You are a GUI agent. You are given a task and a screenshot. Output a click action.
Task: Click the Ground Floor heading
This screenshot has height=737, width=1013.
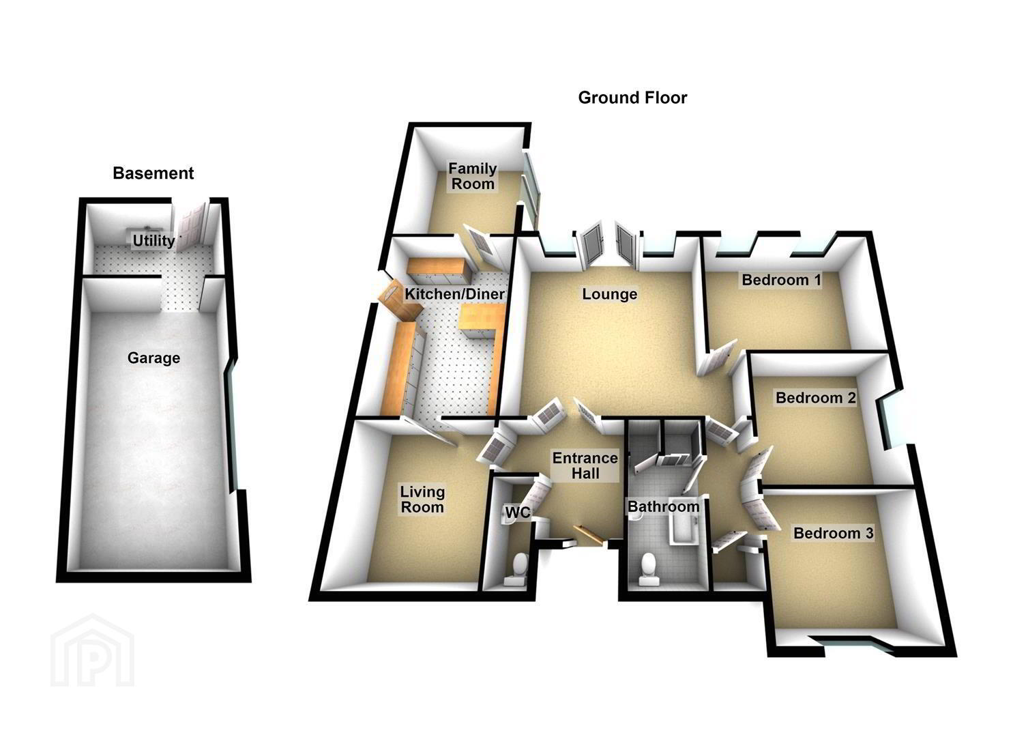click(632, 98)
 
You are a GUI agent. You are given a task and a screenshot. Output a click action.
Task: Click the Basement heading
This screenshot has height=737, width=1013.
click(153, 173)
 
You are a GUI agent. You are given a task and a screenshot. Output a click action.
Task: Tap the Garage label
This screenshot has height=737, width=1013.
click(153, 358)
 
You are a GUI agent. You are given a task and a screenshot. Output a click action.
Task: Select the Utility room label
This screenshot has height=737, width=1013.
click(153, 240)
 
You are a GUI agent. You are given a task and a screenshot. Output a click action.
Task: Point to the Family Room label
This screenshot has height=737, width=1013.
click(473, 176)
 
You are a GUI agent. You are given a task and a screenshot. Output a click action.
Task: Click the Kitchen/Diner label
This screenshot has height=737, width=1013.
click(454, 293)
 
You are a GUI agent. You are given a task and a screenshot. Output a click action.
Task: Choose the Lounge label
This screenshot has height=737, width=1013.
click(610, 294)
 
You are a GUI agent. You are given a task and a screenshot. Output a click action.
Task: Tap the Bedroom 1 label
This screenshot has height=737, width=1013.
click(782, 280)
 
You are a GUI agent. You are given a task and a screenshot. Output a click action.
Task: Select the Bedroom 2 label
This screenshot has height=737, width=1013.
click(815, 398)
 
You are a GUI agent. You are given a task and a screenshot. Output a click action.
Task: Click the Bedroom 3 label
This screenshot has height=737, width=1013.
click(833, 533)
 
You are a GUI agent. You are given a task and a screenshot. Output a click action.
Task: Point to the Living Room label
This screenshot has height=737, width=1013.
click(422, 500)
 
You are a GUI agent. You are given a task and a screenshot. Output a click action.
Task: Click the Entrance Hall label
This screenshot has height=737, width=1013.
click(585, 465)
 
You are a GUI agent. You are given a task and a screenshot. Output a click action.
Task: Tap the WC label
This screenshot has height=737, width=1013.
click(517, 512)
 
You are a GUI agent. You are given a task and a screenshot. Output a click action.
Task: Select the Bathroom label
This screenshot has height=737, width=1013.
click(664, 506)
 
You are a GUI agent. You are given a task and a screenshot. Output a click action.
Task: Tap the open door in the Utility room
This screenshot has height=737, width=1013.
click(191, 225)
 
